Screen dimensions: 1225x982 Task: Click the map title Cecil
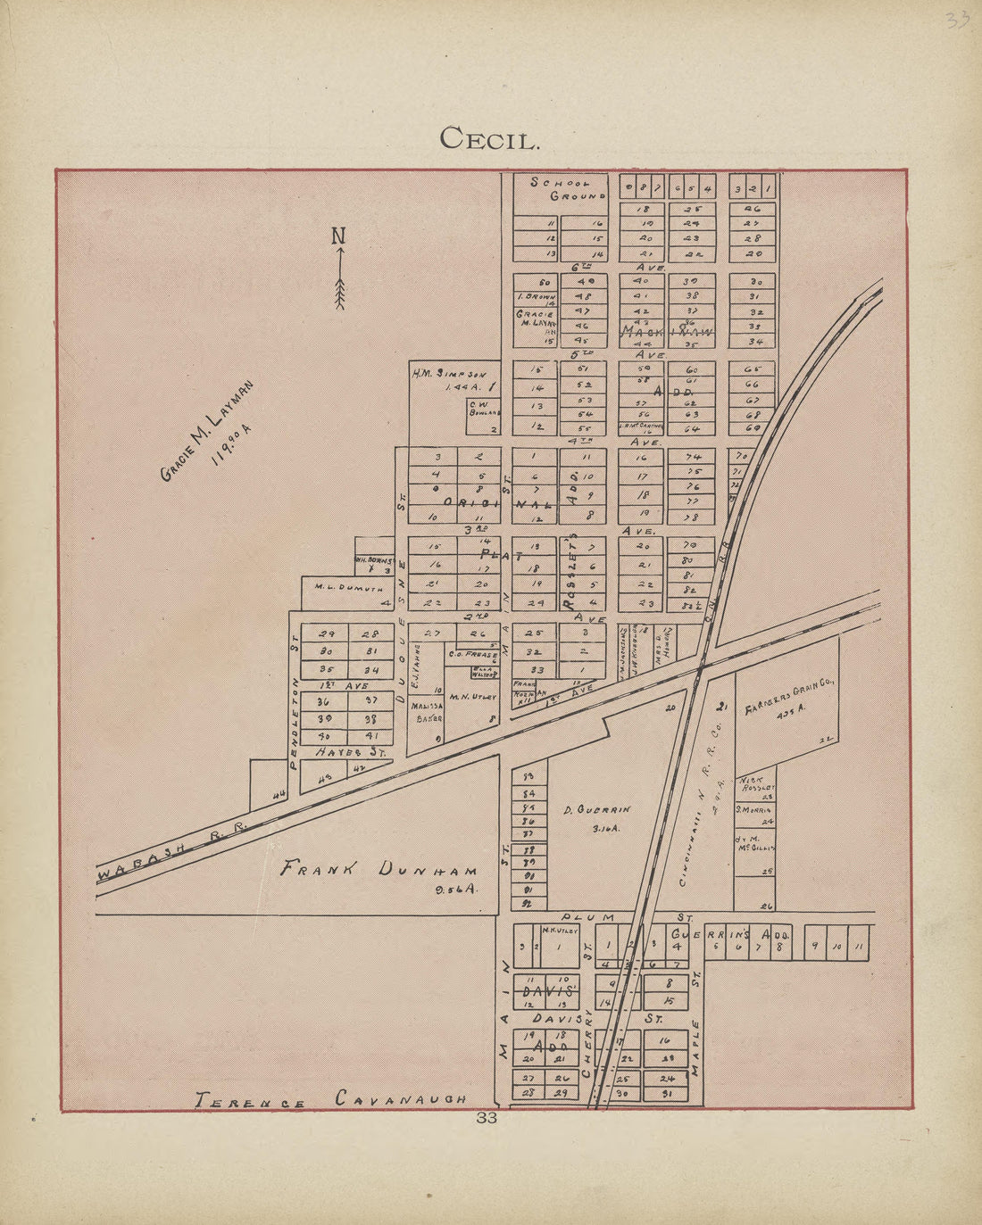click(490, 138)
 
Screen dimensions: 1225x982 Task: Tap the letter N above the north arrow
click(338, 236)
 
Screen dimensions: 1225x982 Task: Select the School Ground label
click(569, 188)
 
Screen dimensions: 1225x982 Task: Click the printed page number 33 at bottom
click(487, 1118)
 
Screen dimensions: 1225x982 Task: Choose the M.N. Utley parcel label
click(472, 697)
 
